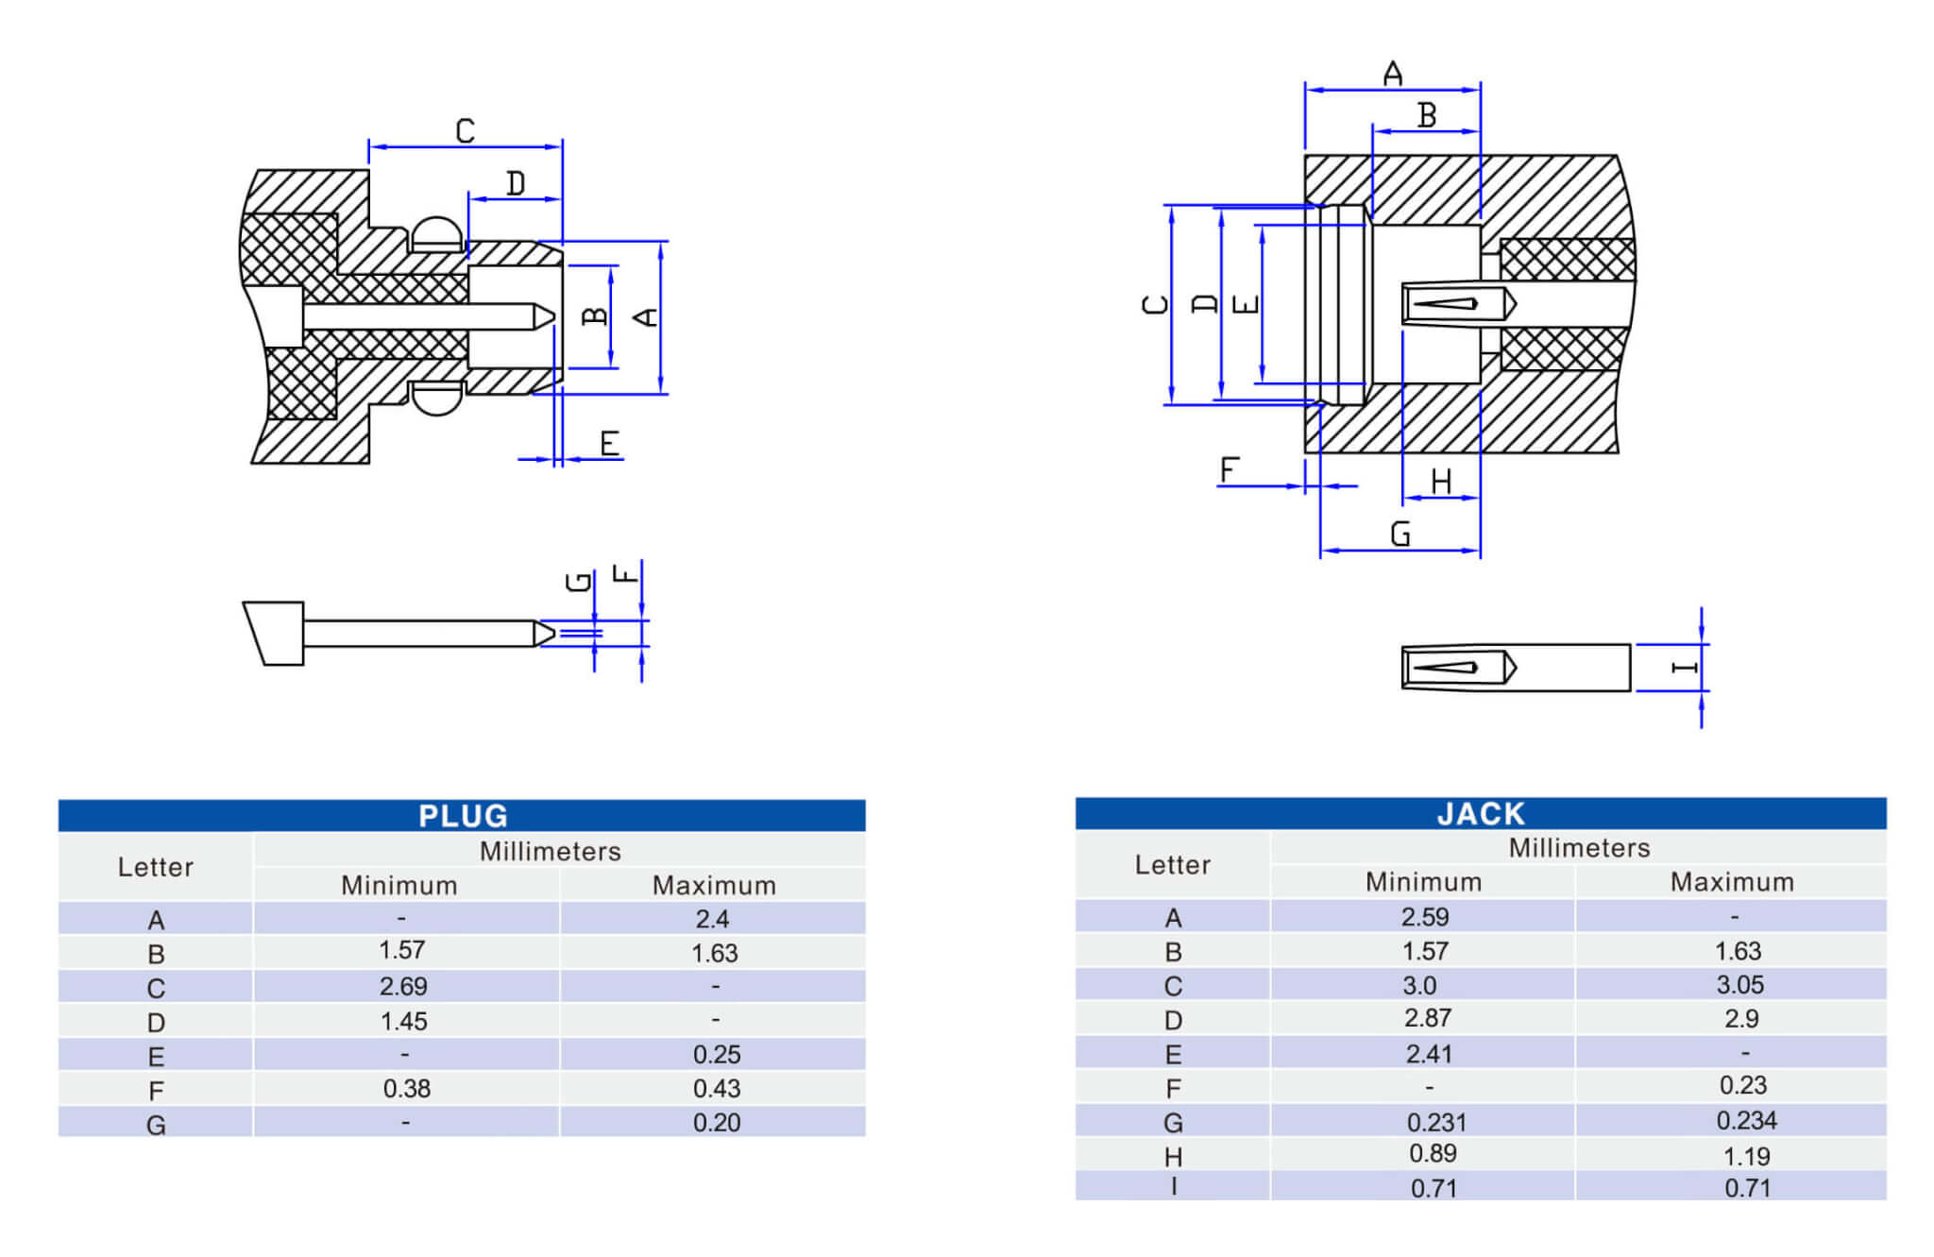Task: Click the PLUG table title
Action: point(463,816)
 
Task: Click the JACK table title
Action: point(1481,814)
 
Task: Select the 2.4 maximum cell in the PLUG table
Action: point(712,919)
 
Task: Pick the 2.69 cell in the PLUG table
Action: point(403,987)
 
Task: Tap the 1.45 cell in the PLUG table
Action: point(403,1021)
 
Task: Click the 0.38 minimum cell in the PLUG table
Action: point(406,1089)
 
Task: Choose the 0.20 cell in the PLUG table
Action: point(716,1123)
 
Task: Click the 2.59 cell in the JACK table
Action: point(1425,917)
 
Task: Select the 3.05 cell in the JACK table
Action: point(1739,985)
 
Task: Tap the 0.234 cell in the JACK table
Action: point(1746,1121)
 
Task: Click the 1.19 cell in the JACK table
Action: point(1746,1156)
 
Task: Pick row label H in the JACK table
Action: point(1173,1157)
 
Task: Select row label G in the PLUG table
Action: point(156,1125)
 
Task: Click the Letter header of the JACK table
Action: point(1173,865)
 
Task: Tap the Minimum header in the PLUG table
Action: point(399,885)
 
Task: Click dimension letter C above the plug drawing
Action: point(465,130)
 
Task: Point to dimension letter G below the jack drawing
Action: point(1400,535)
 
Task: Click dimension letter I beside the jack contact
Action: point(1684,668)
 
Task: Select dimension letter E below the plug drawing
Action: point(610,443)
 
